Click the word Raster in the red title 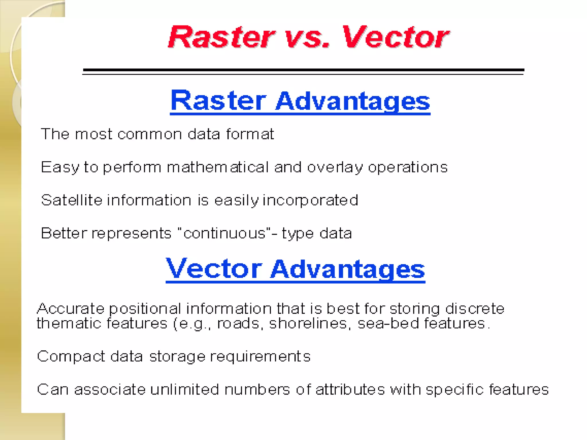tap(221, 37)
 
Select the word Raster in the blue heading tap(218, 101)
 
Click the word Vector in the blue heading tap(214, 269)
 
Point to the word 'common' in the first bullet tap(150, 134)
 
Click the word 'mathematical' tap(218, 167)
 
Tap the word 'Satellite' tap(72, 200)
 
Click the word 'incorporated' tap(310, 201)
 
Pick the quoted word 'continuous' tap(224, 233)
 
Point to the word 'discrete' tap(475, 309)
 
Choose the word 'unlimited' tap(185, 390)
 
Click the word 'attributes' tap(350, 390)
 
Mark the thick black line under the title tap(303, 70)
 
